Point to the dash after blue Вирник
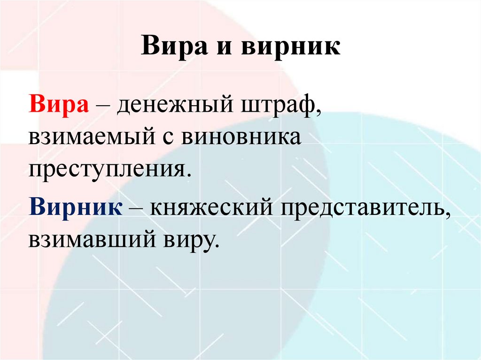(137, 207)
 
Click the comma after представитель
(447, 214)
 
